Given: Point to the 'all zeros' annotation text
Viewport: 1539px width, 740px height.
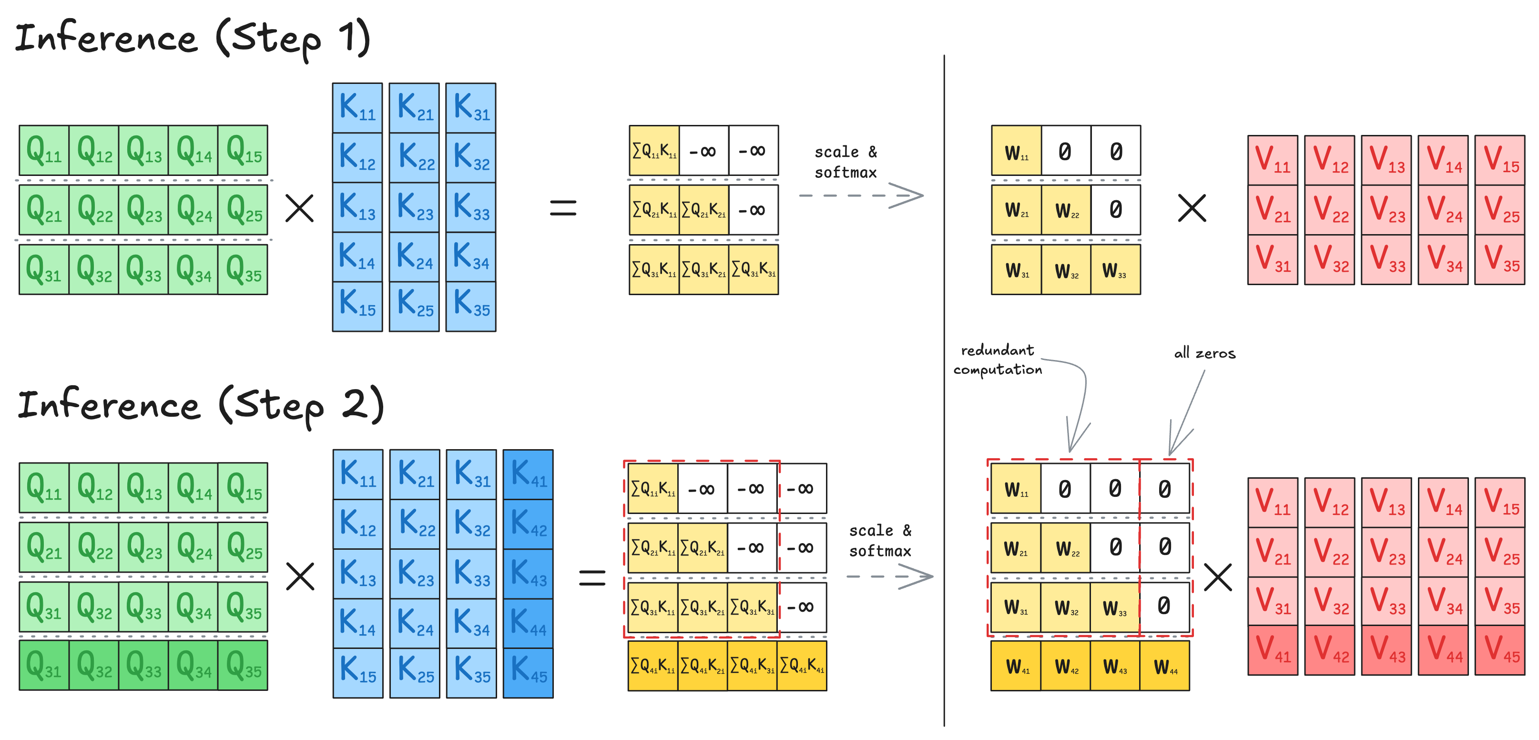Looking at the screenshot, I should (1204, 354).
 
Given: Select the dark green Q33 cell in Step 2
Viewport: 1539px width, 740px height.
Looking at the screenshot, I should (143, 665).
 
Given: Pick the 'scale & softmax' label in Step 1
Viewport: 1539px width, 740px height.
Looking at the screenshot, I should (846, 162).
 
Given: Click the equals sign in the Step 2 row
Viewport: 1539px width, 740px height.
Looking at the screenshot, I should (592, 577).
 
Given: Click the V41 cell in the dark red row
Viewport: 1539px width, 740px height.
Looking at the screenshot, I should (1273, 650).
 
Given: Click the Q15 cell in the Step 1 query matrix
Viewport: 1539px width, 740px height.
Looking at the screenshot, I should (243, 150).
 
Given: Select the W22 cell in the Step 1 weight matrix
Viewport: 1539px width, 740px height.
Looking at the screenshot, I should (1066, 210).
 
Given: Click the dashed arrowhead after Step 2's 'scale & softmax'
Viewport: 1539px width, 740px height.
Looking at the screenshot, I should (917, 577).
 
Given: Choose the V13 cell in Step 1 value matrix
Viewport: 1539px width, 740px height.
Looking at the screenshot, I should (1386, 160).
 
